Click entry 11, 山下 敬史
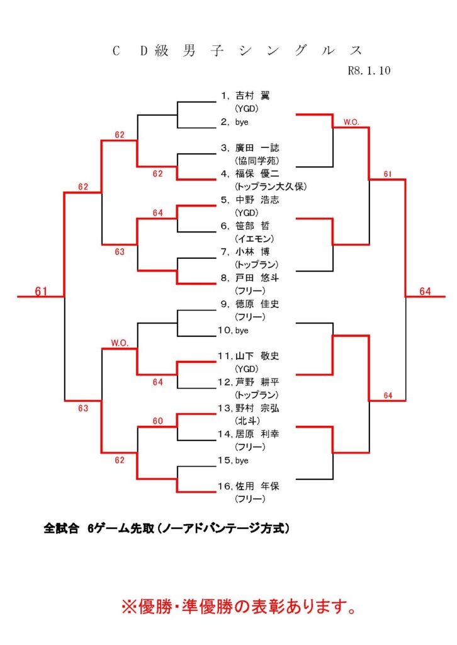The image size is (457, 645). coord(257,356)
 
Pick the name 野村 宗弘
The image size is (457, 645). coord(257,408)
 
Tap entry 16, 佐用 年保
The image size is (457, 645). coord(257,486)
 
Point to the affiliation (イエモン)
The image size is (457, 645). coord(252,239)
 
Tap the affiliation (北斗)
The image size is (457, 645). coord(247,421)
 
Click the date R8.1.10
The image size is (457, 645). coord(369,71)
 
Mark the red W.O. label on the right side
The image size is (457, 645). coord(351,122)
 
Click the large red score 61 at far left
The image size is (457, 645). coord(42,291)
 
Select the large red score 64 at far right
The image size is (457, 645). coord(425,291)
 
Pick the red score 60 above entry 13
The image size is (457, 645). coord(157,421)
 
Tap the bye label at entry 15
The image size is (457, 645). coord(242,460)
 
